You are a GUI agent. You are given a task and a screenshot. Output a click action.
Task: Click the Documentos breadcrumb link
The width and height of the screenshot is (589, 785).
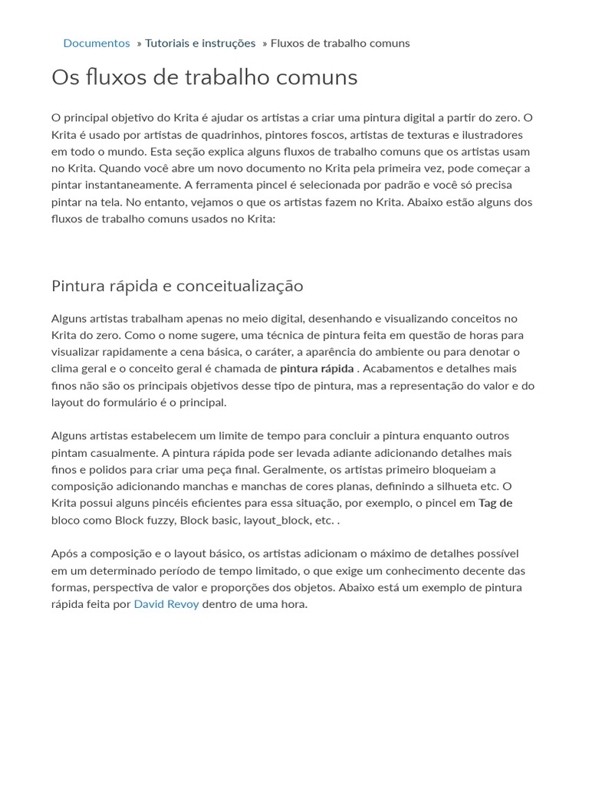coord(97,43)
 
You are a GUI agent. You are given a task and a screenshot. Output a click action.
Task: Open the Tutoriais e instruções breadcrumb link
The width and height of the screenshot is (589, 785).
coord(200,43)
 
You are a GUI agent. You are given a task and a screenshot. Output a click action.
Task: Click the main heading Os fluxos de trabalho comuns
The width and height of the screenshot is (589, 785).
coord(204,77)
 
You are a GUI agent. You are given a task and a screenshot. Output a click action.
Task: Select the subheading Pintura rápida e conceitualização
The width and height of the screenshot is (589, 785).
coord(177,286)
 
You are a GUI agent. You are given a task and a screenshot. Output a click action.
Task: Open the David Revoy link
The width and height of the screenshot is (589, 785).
coord(166,604)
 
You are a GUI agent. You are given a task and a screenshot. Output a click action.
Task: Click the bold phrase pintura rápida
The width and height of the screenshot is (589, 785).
coord(317,369)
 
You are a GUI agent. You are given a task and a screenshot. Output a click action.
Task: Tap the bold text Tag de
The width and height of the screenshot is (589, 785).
coord(495,503)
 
